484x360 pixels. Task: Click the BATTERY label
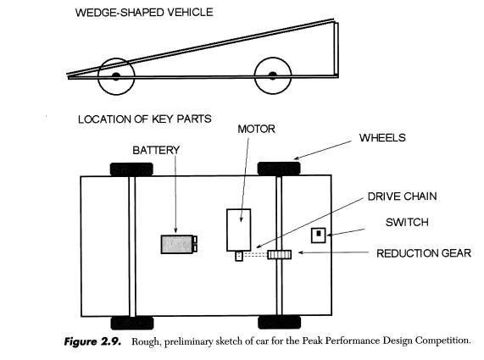point(156,150)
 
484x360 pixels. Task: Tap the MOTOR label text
point(256,129)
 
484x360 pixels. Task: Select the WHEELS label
point(382,137)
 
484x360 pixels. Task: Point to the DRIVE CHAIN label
point(402,197)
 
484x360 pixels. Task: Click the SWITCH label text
point(407,222)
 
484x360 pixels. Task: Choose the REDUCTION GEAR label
point(424,253)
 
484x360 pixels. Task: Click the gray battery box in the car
point(179,244)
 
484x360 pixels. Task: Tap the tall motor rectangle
point(238,230)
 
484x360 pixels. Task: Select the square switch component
point(318,235)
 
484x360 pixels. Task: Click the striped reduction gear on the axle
point(280,254)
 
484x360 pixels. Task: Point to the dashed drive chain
point(255,254)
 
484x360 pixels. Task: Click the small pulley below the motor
point(239,257)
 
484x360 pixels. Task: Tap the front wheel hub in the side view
point(116,76)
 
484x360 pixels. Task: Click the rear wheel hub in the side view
point(272,75)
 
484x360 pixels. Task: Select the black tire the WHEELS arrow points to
point(279,169)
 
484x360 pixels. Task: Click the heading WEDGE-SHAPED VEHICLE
point(144,13)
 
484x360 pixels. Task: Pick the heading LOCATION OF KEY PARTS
point(145,119)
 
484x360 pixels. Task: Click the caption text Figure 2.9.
point(92,342)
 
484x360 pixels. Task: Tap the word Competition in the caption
point(442,341)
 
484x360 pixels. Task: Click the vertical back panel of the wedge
point(337,48)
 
